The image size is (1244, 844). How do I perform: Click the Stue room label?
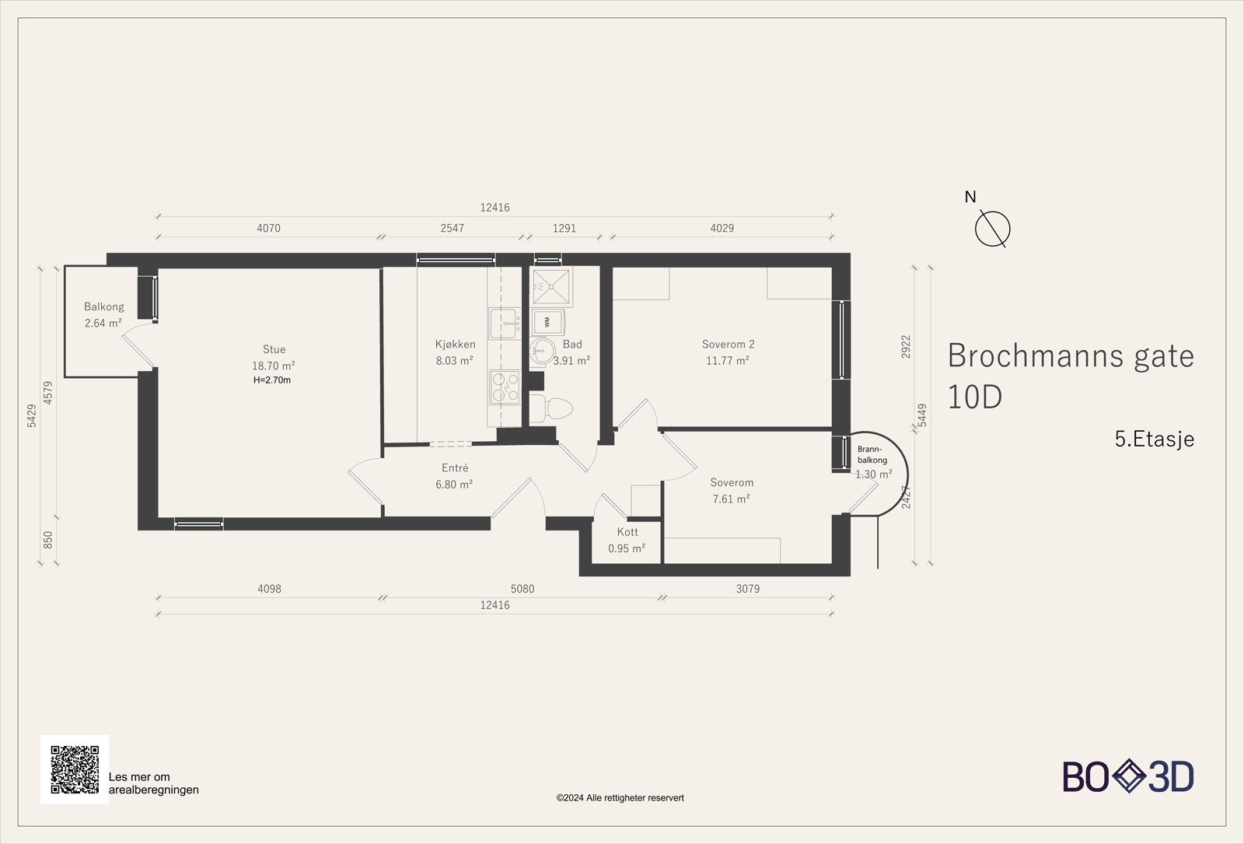(x=274, y=349)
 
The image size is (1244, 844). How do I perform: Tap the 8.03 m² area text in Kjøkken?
(x=454, y=361)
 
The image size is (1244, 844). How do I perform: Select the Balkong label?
(x=104, y=306)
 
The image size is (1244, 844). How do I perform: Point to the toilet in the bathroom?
(x=551, y=409)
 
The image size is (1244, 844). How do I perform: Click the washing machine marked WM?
(x=547, y=322)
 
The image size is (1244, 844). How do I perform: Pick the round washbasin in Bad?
(x=541, y=351)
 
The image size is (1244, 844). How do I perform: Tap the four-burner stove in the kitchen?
(x=505, y=387)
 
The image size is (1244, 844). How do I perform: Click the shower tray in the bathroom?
(x=551, y=287)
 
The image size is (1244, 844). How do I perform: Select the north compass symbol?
(x=992, y=229)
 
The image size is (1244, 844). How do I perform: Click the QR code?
(x=75, y=769)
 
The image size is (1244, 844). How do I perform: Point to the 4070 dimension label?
(x=269, y=229)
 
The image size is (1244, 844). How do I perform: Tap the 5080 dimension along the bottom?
(x=522, y=589)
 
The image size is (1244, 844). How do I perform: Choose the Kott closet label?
(x=627, y=532)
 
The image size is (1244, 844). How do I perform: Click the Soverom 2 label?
(x=728, y=345)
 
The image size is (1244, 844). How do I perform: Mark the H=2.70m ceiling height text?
(x=272, y=380)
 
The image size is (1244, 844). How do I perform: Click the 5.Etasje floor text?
(x=1155, y=439)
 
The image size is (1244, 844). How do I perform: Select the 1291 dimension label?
(x=564, y=229)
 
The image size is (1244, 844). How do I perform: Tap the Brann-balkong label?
(x=872, y=454)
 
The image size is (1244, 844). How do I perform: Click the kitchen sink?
(x=505, y=323)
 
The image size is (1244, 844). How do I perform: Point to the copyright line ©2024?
(x=620, y=798)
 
